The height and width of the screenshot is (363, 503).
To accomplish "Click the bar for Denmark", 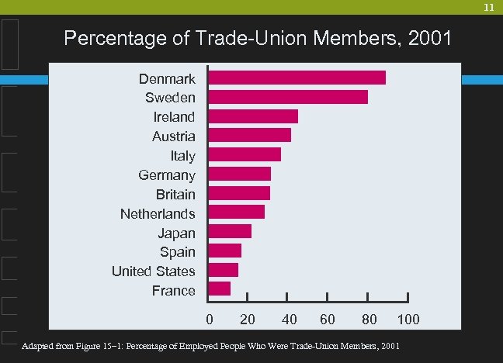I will point(297,78).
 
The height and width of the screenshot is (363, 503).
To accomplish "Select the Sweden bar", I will point(288,97).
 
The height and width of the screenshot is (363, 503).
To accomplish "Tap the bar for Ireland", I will point(253,116).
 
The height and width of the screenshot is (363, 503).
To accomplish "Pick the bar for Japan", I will point(230,231).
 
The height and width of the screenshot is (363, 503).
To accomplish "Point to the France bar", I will point(220,289).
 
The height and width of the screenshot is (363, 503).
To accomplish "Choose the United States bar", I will point(224,270).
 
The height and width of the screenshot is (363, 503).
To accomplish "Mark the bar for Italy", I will point(245,154).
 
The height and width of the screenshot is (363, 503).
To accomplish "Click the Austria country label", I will point(173,137).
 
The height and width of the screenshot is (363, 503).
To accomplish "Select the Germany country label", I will point(166,175).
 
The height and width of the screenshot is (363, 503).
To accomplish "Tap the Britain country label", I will point(175,194).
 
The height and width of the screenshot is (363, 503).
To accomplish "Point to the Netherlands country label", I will point(158,213).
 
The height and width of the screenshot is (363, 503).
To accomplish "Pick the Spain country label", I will point(177,252).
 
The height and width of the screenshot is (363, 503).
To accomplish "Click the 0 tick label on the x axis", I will point(209,320).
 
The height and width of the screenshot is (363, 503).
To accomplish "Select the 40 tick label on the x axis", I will point(289,320).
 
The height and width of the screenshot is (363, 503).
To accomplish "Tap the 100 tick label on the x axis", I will point(408,320).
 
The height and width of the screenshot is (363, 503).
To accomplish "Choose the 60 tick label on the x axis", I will point(328,320).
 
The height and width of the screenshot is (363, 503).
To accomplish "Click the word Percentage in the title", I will point(116,38).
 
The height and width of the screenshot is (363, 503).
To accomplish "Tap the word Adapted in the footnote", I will point(39,344).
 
